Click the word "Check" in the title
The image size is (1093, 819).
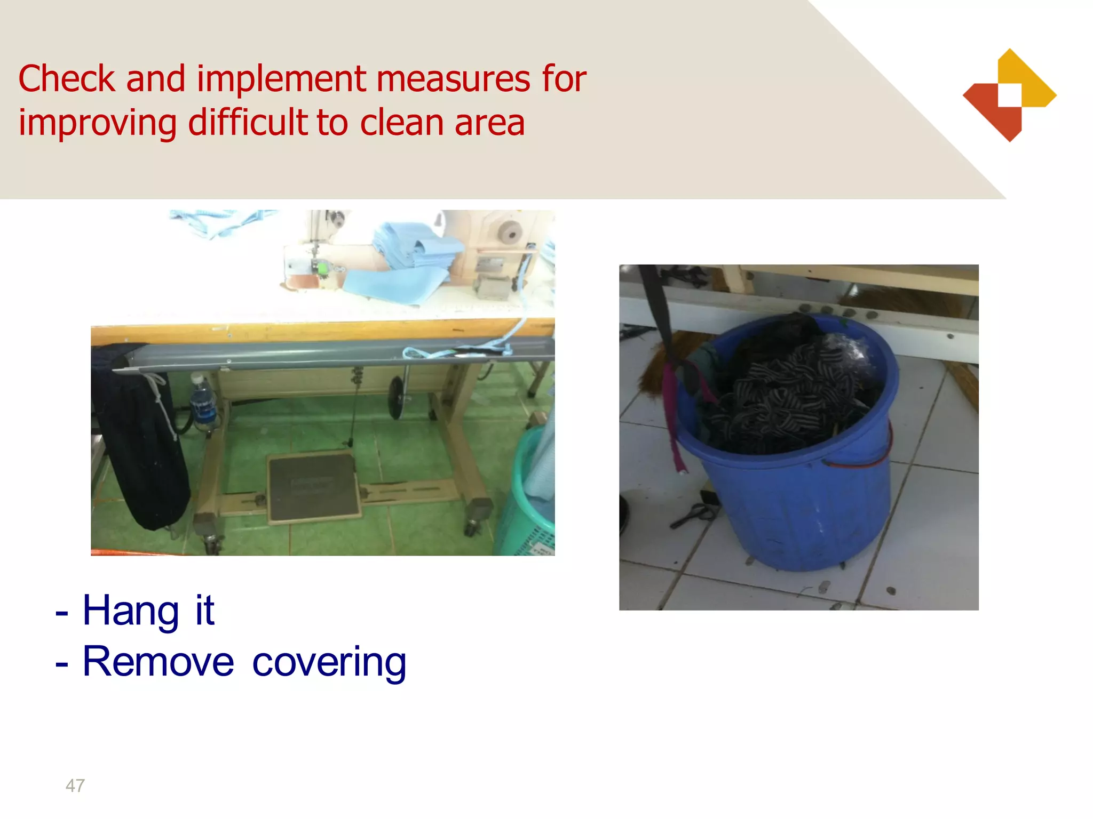point(67,79)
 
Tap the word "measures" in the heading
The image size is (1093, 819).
point(453,79)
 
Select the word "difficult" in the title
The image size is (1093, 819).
point(248,123)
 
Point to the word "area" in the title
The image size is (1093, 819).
point(489,123)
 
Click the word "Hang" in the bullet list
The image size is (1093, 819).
point(130,611)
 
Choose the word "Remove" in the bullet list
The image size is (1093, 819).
point(158,662)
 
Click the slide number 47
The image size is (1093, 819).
point(75,785)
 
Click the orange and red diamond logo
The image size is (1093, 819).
point(1009,95)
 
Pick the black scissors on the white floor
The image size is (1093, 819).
point(694,515)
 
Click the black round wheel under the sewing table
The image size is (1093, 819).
point(395,397)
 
